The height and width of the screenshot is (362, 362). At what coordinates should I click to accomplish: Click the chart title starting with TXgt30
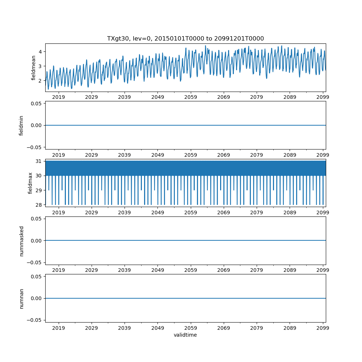point(185,38)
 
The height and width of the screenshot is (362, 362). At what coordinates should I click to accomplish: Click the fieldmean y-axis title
point(33,68)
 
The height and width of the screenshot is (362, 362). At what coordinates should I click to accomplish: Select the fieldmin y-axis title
point(21,125)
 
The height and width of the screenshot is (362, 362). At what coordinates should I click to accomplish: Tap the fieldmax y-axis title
point(30,183)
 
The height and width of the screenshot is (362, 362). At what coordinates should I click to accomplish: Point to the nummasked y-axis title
point(21,241)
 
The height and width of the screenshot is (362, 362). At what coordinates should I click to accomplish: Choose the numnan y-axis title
point(21,298)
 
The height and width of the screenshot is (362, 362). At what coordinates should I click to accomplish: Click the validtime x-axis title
point(185,335)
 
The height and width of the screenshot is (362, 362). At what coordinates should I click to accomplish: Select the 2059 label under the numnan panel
point(191,328)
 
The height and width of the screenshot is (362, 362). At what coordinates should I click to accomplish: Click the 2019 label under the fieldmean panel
point(59,97)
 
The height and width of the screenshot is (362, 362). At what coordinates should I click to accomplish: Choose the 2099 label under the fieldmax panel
point(323,213)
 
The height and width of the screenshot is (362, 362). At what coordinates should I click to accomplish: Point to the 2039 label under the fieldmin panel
point(125,155)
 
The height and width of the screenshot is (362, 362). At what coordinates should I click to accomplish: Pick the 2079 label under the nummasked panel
point(257,270)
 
